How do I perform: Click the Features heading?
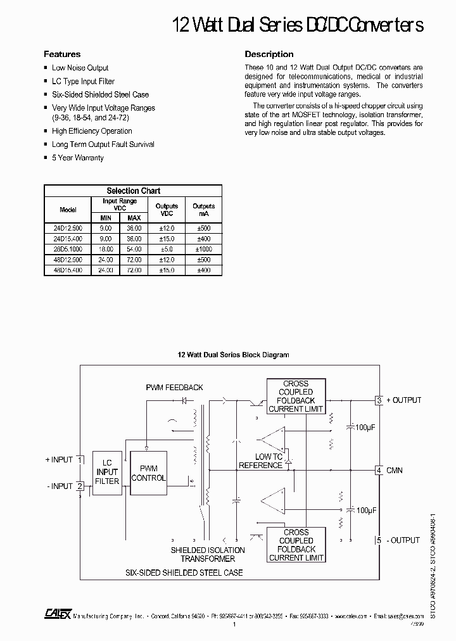tap(62, 54)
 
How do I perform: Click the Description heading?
tap(269, 54)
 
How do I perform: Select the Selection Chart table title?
tap(133, 191)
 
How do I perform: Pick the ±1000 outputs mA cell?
tap(203, 249)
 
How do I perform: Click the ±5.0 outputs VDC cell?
tap(167, 249)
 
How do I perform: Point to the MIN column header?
tap(105, 218)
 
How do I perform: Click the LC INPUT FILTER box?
tap(107, 472)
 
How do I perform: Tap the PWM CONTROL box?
tap(148, 474)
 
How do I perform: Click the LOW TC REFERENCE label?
tap(260, 461)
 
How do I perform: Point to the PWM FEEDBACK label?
tap(174, 387)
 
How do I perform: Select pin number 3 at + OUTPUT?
tap(379, 400)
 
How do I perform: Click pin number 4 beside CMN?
tap(379, 470)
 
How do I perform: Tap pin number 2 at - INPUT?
tap(80, 486)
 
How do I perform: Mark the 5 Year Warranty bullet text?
tap(77, 158)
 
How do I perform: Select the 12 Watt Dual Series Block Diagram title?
tap(232, 355)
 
